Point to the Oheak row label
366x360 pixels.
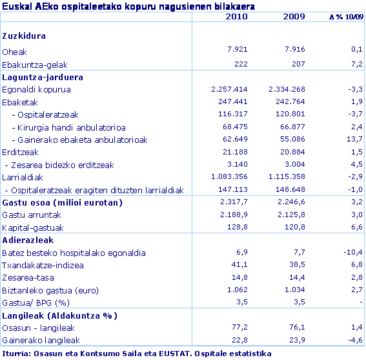pos(15,52)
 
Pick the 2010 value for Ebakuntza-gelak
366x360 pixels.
pos(239,64)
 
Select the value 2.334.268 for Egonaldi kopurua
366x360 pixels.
pos(285,89)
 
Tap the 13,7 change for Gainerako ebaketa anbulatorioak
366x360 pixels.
pos(354,140)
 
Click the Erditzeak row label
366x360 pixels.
pos(21,152)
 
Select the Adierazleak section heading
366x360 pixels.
pos(30,240)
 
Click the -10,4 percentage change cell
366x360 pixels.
pos(352,253)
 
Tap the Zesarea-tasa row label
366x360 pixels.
pos(28,278)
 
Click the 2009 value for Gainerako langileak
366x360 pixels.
pos(294,341)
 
